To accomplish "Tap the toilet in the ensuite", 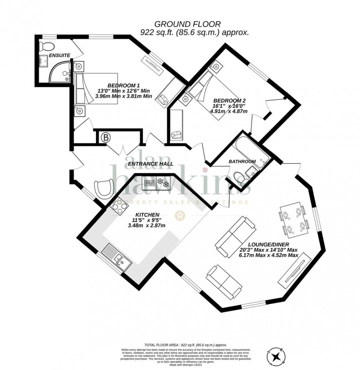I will (x=47, y=46).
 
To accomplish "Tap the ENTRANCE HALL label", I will (x=148, y=164).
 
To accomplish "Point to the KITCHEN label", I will (x=147, y=215).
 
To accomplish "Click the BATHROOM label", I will (x=242, y=161).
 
